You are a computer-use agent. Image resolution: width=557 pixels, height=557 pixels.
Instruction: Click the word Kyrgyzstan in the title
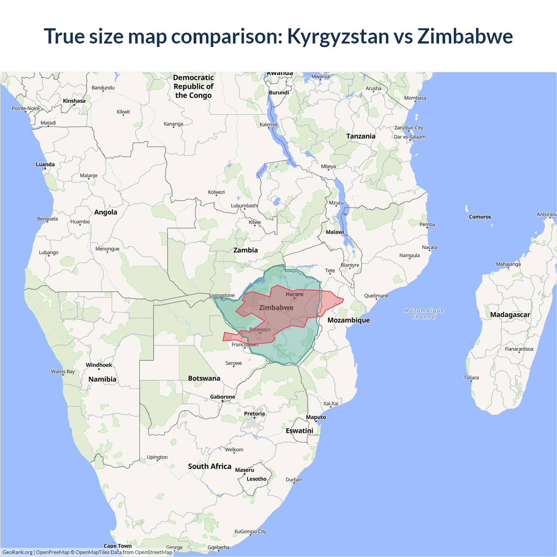pos(338,36)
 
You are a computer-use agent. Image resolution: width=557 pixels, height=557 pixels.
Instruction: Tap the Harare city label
pos(295,294)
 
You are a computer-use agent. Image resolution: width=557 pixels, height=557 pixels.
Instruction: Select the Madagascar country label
pos(510,315)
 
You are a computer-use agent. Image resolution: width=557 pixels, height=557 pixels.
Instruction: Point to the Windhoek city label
pos(99,365)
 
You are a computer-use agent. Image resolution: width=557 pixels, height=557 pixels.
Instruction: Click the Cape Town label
pos(117,546)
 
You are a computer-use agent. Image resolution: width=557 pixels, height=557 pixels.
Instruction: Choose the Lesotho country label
pos(256,479)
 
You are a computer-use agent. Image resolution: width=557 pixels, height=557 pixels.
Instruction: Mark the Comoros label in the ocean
pos(480,217)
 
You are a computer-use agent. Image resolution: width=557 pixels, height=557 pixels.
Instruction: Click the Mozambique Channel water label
pos(424,314)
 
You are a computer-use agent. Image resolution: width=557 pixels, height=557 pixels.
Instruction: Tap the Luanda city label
pos(45,164)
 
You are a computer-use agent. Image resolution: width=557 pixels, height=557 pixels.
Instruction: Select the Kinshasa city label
pos(74,101)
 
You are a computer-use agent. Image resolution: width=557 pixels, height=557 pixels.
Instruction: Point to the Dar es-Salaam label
pos(409,137)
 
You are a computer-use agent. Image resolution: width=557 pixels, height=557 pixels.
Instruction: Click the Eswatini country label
pos(299,430)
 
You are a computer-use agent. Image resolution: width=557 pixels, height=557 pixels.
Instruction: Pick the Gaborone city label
pos(222,397)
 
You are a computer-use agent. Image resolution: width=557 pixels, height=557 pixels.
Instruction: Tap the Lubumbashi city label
pos(245,205)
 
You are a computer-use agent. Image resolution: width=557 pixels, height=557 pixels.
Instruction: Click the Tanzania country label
pos(361,136)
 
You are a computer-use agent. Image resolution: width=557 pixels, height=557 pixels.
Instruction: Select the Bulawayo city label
pos(260,329)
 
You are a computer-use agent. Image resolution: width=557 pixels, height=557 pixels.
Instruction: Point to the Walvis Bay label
pos(63,372)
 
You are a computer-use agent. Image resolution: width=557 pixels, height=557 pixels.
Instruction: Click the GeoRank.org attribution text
pos(17,552)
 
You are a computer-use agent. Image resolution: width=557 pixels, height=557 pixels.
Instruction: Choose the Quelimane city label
pos(376,296)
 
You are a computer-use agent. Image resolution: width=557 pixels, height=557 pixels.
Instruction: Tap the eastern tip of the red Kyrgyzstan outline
pos(343,299)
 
